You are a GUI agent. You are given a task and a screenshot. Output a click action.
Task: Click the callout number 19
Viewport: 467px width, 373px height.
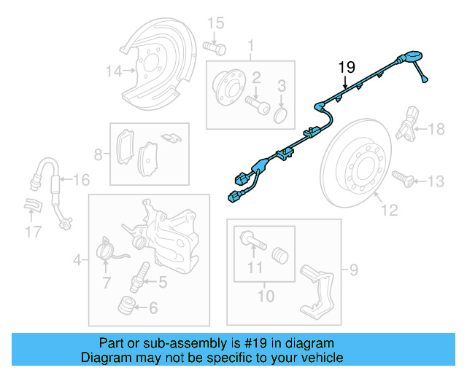coord(346,68)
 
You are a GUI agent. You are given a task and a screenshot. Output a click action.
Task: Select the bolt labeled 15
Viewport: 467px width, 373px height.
coord(214,47)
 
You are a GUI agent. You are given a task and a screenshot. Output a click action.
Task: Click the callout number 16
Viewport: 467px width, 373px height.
coord(81,180)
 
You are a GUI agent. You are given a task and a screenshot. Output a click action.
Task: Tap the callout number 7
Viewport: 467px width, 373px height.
coord(107,280)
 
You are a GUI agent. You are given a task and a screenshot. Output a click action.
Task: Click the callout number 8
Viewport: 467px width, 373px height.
coord(99,154)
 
